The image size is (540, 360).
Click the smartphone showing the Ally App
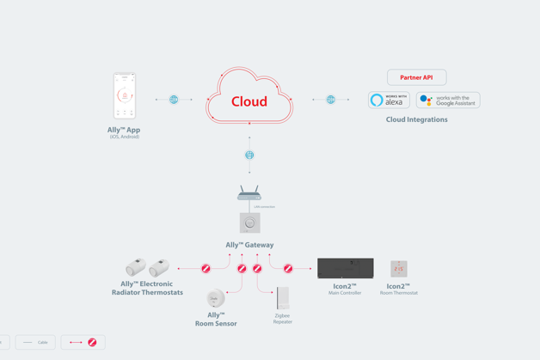tap(125, 95)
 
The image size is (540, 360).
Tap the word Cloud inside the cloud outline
tap(249, 101)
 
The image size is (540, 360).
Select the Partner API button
tap(416, 77)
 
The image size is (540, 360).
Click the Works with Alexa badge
tap(389, 101)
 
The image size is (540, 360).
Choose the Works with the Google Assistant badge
tap(448, 101)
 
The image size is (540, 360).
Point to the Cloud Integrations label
tap(416, 119)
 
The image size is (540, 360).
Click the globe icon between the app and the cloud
tap(174, 100)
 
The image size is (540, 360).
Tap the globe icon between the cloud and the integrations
tap(330, 100)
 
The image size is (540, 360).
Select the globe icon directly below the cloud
tap(249, 156)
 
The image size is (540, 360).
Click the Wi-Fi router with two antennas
tap(249, 194)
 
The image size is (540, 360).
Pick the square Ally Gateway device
tap(249, 223)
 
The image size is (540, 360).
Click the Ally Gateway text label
tap(249, 245)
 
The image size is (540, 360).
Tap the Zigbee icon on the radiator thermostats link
tap(206, 269)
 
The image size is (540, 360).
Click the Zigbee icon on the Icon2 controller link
tap(288, 269)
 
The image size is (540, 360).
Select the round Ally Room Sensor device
tap(215, 298)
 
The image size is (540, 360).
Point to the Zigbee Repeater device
tap(283, 298)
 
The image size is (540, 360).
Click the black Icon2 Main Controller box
tap(346, 268)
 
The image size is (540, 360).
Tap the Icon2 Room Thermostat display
tap(398, 269)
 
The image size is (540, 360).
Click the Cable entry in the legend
tap(35, 342)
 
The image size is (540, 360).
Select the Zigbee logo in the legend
tap(92, 342)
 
